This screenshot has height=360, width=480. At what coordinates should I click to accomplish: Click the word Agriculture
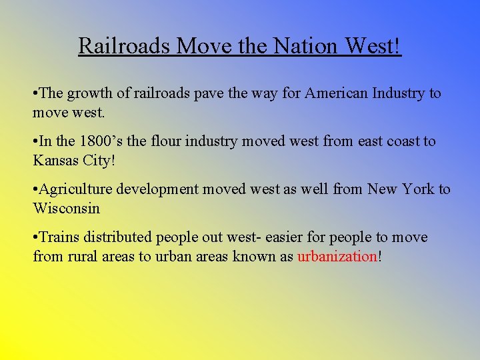tap(77, 189)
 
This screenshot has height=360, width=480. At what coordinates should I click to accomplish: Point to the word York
tap(418, 189)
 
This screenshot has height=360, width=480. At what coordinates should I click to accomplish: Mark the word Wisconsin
tap(66, 208)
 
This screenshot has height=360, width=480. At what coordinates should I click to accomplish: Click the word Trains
tap(61, 237)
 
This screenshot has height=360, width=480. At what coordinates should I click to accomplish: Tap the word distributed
tap(119, 237)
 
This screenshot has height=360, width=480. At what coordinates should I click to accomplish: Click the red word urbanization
tap(337, 256)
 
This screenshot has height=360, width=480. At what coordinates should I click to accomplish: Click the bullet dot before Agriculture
tap(35, 190)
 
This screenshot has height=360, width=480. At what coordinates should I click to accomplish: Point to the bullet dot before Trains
tap(35, 238)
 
